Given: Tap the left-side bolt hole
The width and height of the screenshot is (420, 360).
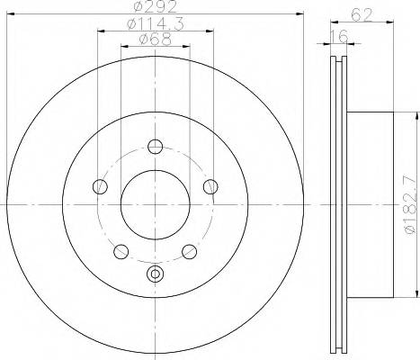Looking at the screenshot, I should click(x=99, y=186).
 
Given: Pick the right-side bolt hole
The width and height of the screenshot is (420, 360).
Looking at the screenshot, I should click(x=210, y=186).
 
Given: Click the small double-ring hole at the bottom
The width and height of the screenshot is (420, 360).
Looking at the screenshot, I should click(x=155, y=274).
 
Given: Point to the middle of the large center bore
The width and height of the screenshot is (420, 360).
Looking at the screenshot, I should click(x=155, y=204).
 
